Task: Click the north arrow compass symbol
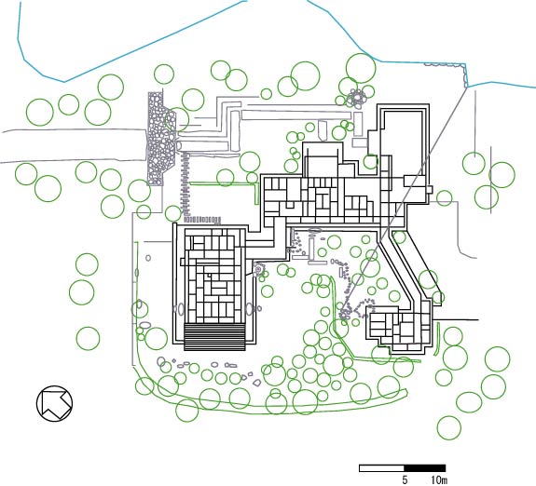54,403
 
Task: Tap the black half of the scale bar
424,468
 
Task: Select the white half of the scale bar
381,468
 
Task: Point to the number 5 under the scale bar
405,480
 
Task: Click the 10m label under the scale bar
439,480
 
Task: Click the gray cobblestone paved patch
160,139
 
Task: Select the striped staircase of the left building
214,336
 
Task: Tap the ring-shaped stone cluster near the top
356,98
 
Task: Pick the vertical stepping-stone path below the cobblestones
186,184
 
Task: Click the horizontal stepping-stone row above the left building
202,220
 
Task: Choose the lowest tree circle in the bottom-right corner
449,427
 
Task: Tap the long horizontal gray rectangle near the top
296,115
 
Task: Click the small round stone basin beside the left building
258,270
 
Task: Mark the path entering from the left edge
74,145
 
